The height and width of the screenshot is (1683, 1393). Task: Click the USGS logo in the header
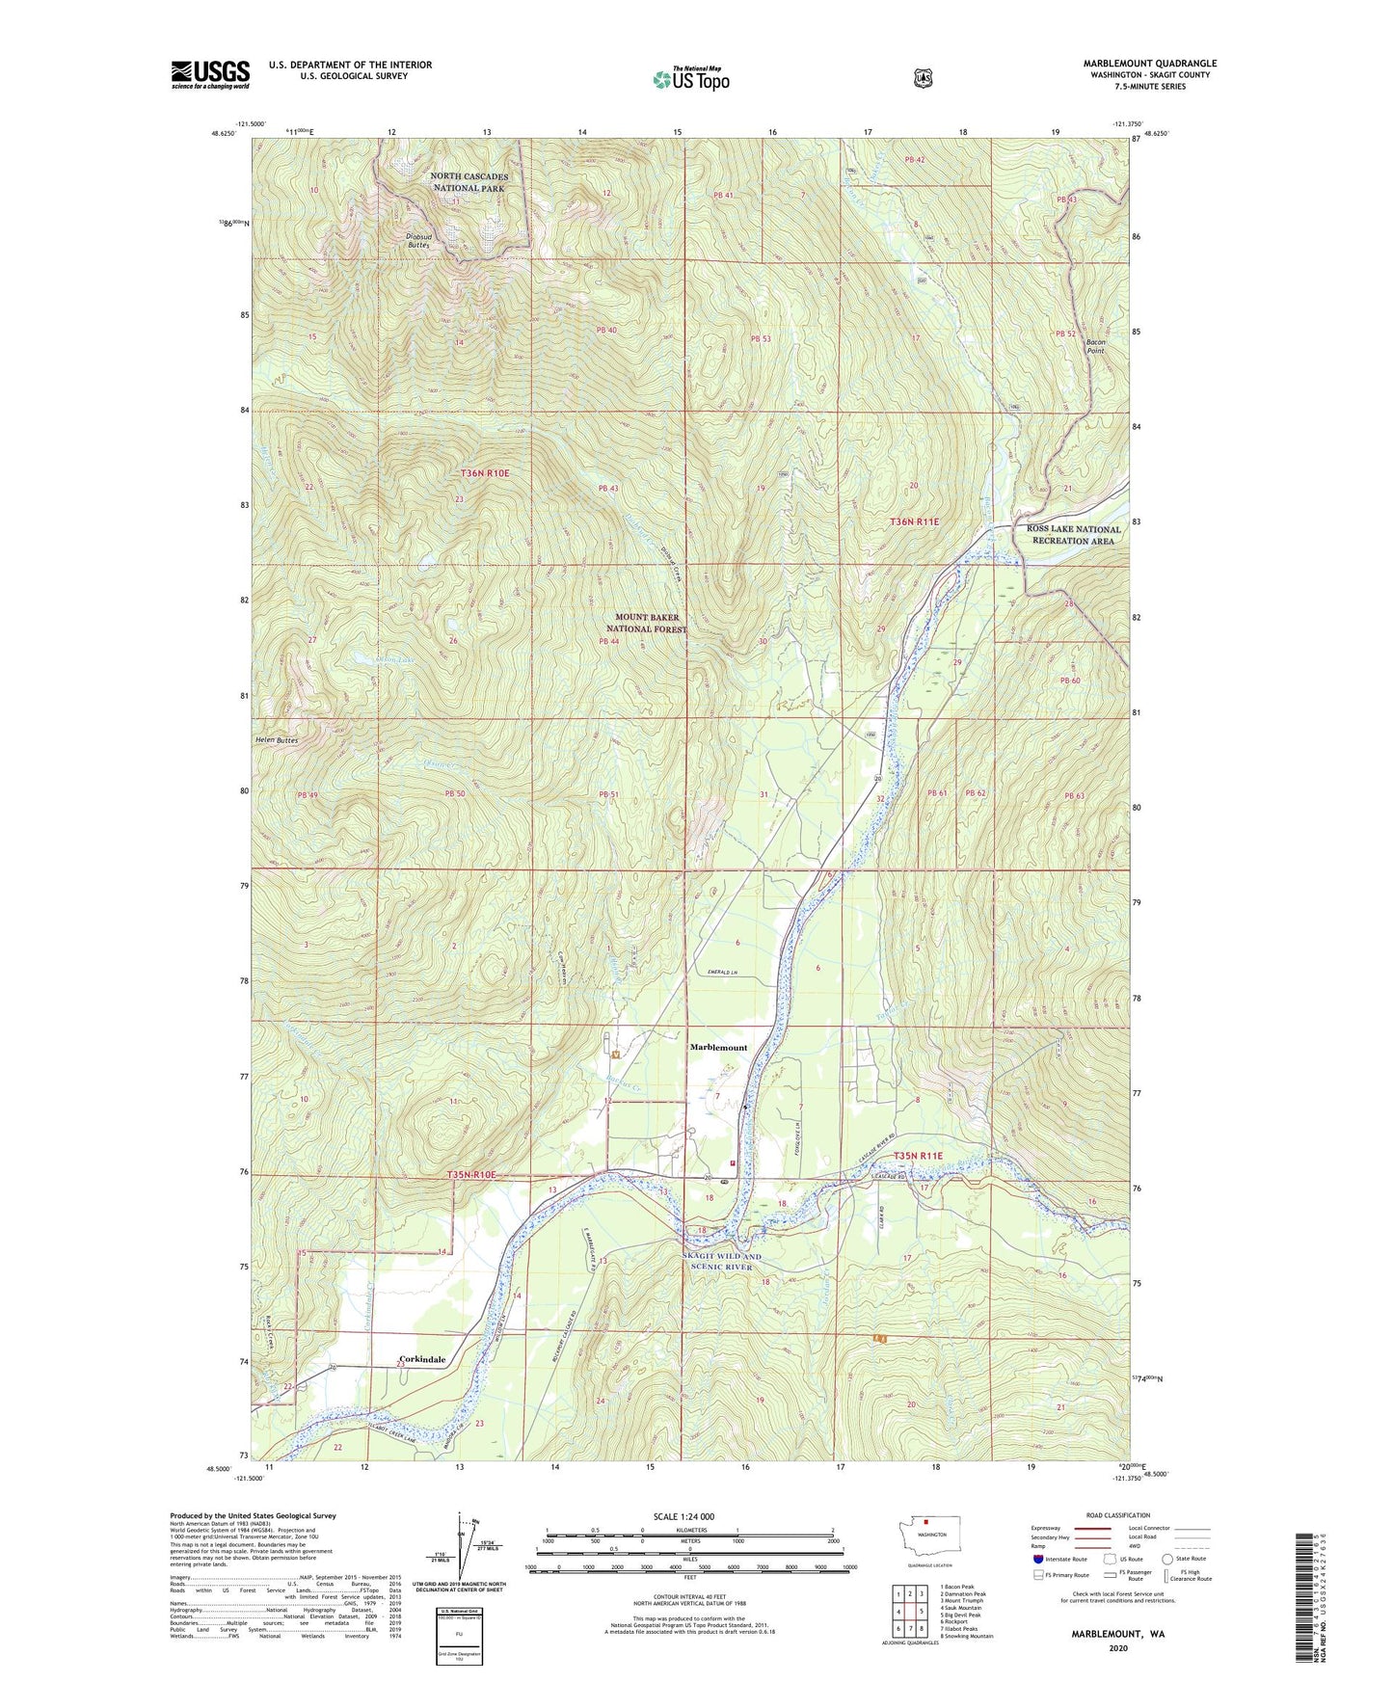(x=210, y=74)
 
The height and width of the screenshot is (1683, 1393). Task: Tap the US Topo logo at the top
(x=690, y=79)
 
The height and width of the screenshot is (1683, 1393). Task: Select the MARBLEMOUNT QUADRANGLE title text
(x=1149, y=64)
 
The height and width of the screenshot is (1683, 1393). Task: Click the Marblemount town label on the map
(x=718, y=1047)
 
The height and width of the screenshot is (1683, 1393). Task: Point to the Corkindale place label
(x=423, y=1359)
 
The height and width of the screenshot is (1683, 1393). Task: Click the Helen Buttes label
(x=277, y=740)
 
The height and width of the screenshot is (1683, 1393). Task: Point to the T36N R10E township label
(x=484, y=473)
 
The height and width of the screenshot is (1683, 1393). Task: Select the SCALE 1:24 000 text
(x=683, y=1516)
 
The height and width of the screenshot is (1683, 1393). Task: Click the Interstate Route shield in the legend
(x=1037, y=1558)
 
